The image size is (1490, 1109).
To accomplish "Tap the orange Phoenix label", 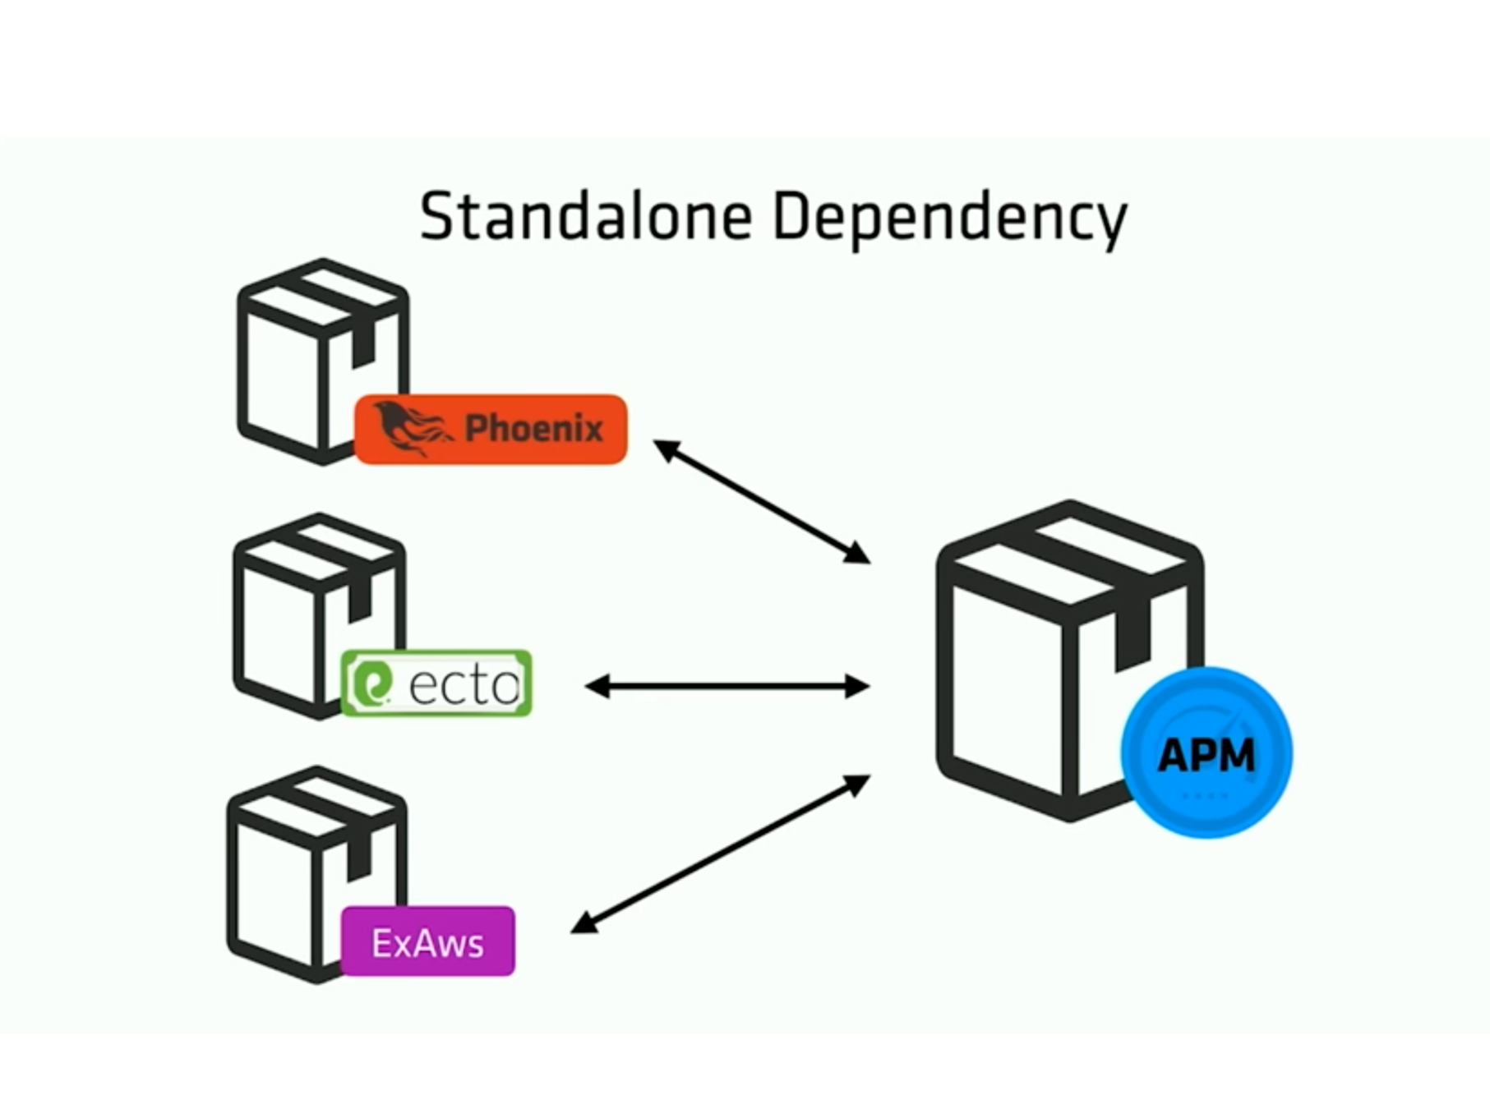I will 491,430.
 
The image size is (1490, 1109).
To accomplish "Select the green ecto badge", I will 436,683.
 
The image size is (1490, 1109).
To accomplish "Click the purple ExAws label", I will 428,941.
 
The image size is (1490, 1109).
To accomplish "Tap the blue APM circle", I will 1206,753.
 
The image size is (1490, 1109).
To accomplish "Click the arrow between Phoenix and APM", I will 762,501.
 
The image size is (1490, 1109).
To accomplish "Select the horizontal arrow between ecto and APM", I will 727,686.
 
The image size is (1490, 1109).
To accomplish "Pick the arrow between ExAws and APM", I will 720,854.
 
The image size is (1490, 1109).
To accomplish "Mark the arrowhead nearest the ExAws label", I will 582,924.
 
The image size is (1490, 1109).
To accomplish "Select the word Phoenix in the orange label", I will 533,429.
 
